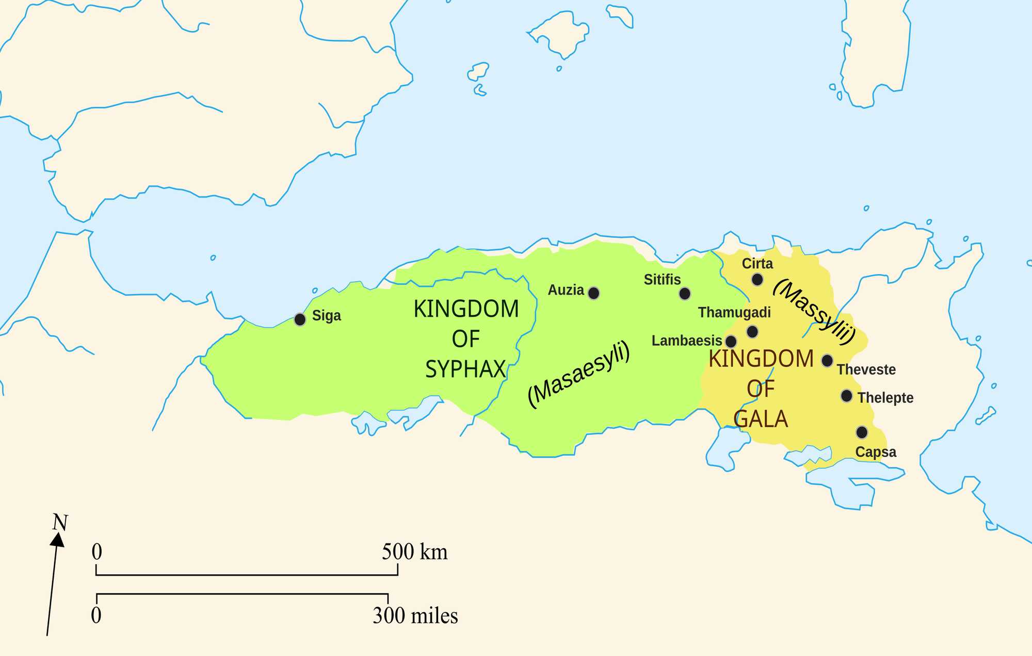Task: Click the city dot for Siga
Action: pyautogui.click(x=300, y=319)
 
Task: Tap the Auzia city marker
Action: pyautogui.click(x=594, y=293)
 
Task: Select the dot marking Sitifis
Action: pyautogui.click(x=685, y=294)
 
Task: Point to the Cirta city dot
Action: pyautogui.click(x=757, y=280)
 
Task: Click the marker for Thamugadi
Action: pyautogui.click(x=752, y=331)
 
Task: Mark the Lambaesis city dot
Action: pyautogui.click(x=731, y=341)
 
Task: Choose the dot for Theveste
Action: pyautogui.click(x=827, y=360)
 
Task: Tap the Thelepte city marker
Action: pyautogui.click(x=846, y=396)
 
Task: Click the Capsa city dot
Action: pyautogui.click(x=862, y=432)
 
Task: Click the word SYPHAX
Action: pyautogui.click(x=465, y=369)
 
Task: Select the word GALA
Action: pyautogui.click(x=761, y=419)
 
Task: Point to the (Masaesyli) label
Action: pyautogui.click(x=579, y=374)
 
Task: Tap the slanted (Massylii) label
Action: pyautogui.click(x=814, y=311)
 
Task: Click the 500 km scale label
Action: pyautogui.click(x=414, y=552)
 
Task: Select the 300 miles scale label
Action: pyautogui.click(x=415, y=615)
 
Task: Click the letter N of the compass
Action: pyautogui.click(x=60, y=523)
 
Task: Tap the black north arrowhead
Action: pyautogui.click(x=57, y=540)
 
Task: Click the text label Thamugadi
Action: pyautogui.click(x=734, y=312)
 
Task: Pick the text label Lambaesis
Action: pyautogui.click(x=686, y=341)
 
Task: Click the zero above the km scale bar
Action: pyautogui.click(x=97, y=552)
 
